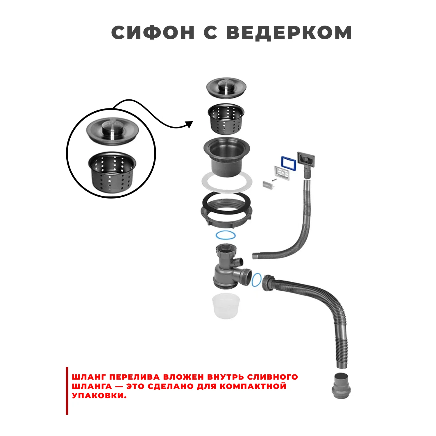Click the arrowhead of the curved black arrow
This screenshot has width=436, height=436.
(x=190, y=124)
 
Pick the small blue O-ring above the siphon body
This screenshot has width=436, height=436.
(x=226, y=235)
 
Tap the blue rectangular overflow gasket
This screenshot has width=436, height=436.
(x=288, y=163)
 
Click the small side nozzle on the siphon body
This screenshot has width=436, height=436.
(x=240, y=262)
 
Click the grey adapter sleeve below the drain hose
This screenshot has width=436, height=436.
(x=341, y=385)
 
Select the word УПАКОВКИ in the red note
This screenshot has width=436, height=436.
(x=99, y=396)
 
